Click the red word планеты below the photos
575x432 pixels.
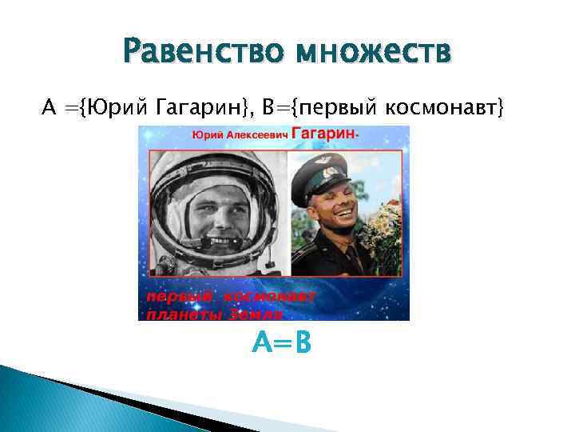coord(183,314)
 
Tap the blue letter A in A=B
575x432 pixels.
coord(261,343)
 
